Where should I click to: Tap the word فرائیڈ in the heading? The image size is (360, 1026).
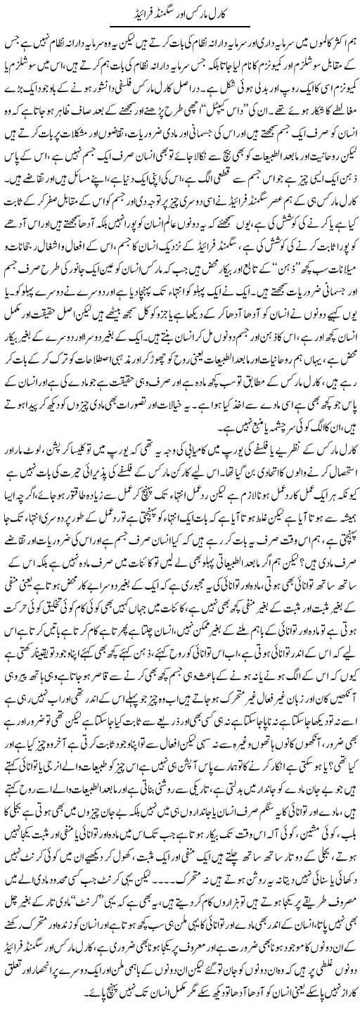point(141,12)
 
